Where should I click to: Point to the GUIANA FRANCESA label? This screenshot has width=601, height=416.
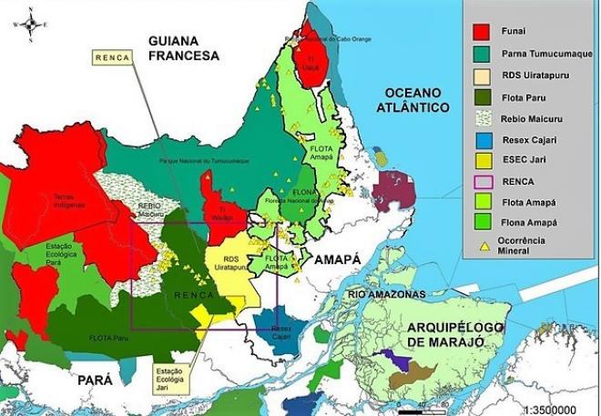click(186, 46)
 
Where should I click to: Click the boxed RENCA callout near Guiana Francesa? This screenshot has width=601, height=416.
click(113, 57)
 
